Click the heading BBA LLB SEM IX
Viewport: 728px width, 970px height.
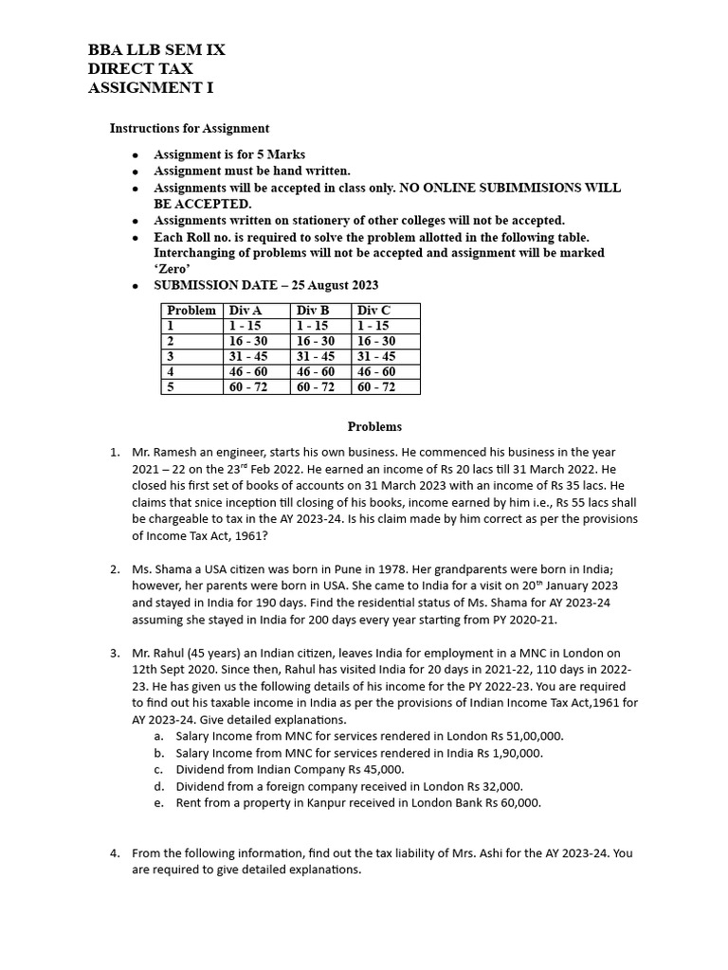click(x=156, y=49)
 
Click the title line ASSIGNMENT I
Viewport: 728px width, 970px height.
click(x=151, y=88)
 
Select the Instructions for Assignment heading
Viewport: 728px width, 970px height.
click(x=190, y=128)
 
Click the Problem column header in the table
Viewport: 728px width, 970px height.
click(x=191, y=311)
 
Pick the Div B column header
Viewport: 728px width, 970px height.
click(x=313, y=311)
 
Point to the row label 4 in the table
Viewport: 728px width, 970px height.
click(x=171, y=371)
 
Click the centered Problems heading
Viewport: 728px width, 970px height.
click(x=374, y=427)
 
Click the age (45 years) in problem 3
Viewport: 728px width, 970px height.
click(x=215, y=653)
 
